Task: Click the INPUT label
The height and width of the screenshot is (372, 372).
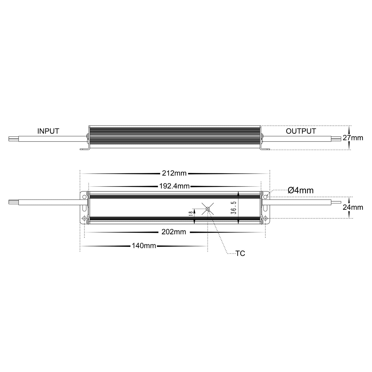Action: pyautogui.click(x=48, y=131)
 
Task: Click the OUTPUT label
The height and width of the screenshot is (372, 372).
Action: pyautogui.click(x=301, y=131)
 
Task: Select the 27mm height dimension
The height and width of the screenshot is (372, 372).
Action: pyautogui.click(x=353, y=138)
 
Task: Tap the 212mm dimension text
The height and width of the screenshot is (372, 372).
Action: pyautogui.click(x=174, y=173)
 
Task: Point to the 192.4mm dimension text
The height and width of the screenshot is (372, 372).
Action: pyautogui.click(x=174, y=186)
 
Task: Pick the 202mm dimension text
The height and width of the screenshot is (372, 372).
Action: pyautogui.click(x=174, y=232)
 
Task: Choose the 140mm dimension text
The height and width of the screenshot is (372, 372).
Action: pyautogui.click(x=144, y=246)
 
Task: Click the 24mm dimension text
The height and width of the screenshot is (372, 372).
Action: pyautogui.click(x=353, y=207)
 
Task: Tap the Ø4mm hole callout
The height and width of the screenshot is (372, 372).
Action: pyautogui.click(x=300, y=191)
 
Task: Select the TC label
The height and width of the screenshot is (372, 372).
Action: pyautogui.click(x=240, y=254)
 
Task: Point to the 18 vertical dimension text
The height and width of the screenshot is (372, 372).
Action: pyautogui.click(x=191, y=213)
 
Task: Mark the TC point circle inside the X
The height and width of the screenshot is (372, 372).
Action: pyautogui.click(x=208, y=208)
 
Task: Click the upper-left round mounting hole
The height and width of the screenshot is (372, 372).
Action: pyautogui.click(x=84, y=196)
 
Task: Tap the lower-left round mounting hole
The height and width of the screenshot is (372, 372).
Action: pyautogui.click(x=84, y=219)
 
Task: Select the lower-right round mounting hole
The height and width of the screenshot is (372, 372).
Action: pyautogui.click(x=265, y=219)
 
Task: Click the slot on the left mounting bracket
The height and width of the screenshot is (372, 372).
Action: pyautogui.click(x=84, y=207)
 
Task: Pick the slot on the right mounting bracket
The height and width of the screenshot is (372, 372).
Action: pyautogui.click(x=265, y=207)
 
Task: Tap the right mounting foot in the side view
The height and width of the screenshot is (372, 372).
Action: pyautogui.click(x=265, y=149)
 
